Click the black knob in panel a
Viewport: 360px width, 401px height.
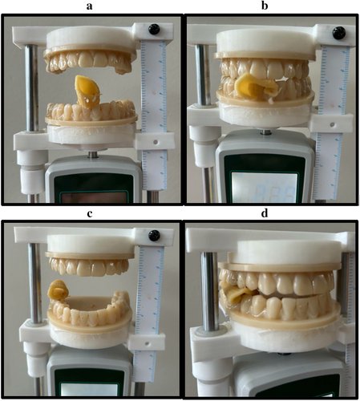pyautogui.click(x=154, y=30)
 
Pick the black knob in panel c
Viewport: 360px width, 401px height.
pyautogui.click(x=154, y=234)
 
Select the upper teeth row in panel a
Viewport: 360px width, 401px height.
pyautogui.click(x=88, y=61)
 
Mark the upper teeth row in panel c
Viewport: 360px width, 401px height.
pyautogui.click(x=88, y=265)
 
